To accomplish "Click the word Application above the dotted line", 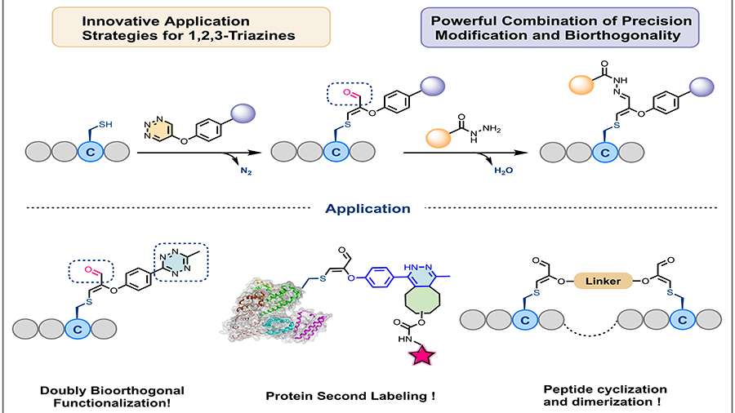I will click(367, 208).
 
